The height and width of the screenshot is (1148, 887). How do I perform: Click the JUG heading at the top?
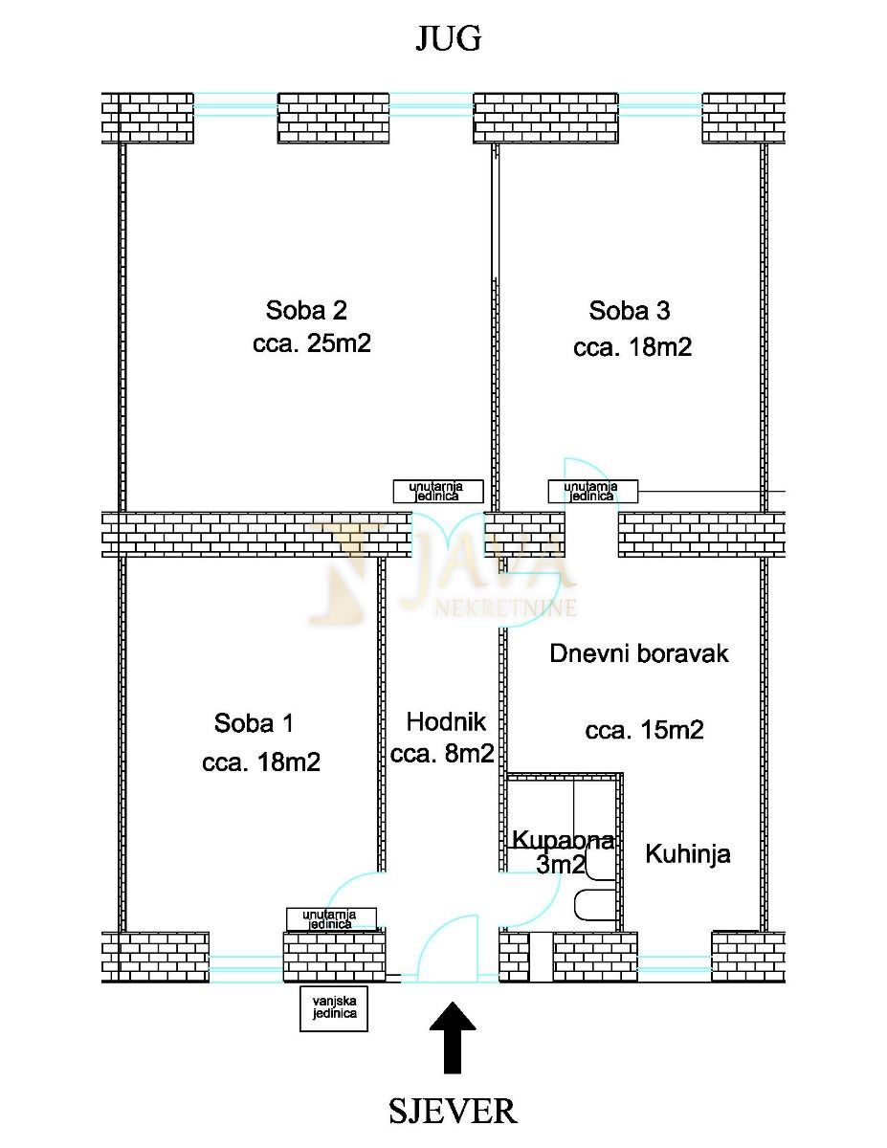447,38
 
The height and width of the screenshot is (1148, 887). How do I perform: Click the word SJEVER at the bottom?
453,1112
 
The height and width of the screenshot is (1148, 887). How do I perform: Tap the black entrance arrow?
453,1037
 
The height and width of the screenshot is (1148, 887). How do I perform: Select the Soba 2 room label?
306,310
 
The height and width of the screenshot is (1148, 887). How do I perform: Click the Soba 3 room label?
629,310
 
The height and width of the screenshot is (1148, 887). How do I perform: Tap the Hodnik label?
446,721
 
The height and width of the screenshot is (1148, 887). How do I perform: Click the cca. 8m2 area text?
442,754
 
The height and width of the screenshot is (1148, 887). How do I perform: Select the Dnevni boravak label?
639,653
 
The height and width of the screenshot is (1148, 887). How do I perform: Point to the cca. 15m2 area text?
644,731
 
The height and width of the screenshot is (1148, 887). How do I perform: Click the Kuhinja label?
688,853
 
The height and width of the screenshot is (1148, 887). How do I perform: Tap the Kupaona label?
563,841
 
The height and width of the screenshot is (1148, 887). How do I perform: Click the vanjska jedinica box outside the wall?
334,1007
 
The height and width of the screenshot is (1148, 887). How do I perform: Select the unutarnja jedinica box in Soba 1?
331,919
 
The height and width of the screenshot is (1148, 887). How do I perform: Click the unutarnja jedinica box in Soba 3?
592,492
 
